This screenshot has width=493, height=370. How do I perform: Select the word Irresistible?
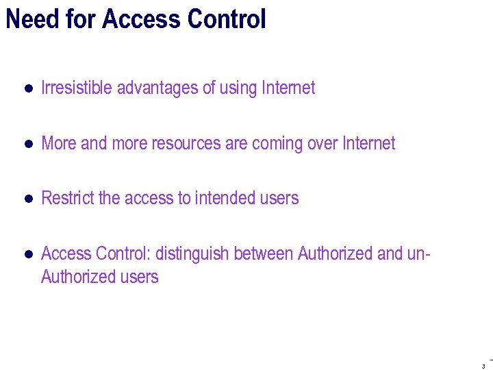click(77, 88)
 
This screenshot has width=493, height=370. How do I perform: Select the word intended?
click(226, 198)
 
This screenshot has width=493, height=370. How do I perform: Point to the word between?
click(264, 254)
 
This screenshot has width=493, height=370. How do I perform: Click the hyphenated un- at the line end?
click(418, 254)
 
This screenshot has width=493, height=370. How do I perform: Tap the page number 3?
click(483, 366)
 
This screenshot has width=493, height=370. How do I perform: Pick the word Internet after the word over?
click(369, 143)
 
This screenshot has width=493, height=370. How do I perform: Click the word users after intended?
click(280, 198)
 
